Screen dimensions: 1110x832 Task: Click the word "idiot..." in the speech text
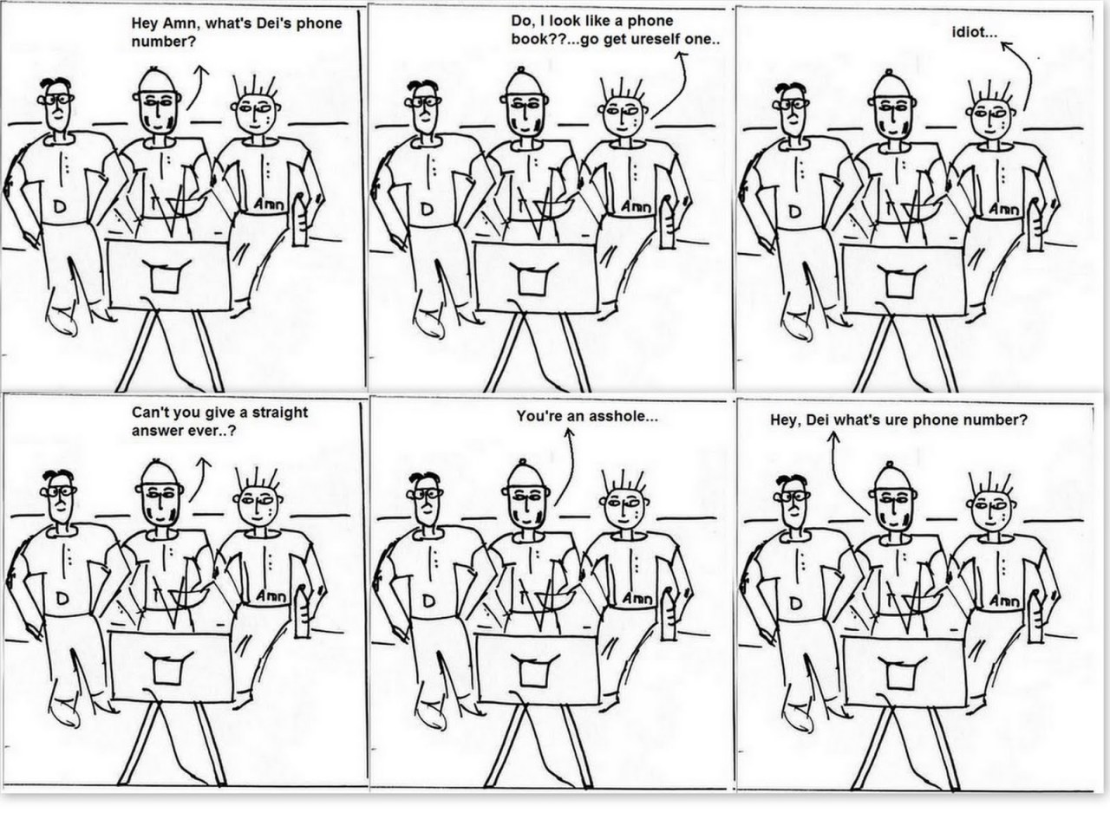[975, 33]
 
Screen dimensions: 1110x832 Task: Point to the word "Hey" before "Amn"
[143, 24]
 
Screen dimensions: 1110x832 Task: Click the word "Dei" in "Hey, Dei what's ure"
[817, 420]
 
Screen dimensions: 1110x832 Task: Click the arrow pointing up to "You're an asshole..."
[568, 465]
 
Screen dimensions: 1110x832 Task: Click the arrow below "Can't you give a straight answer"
[199, 478]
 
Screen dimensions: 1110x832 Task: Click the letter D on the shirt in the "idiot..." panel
[795, 211]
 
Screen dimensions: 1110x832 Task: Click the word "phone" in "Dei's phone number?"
[318, 24]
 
